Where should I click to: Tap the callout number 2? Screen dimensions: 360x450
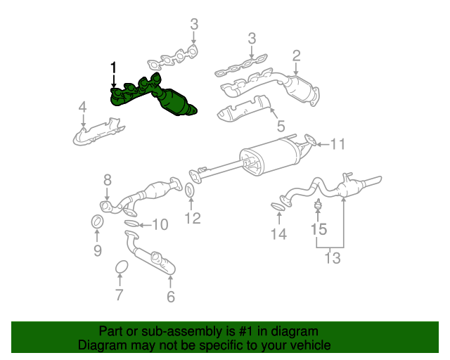297,55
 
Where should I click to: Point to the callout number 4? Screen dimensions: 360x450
82,107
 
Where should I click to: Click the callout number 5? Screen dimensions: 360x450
281,127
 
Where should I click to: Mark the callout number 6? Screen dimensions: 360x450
171,297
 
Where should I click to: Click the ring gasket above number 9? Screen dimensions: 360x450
98,223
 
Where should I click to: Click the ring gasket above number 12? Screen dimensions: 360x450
191,191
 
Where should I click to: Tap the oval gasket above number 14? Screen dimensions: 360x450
279,206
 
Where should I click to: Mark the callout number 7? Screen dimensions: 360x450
119,295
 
